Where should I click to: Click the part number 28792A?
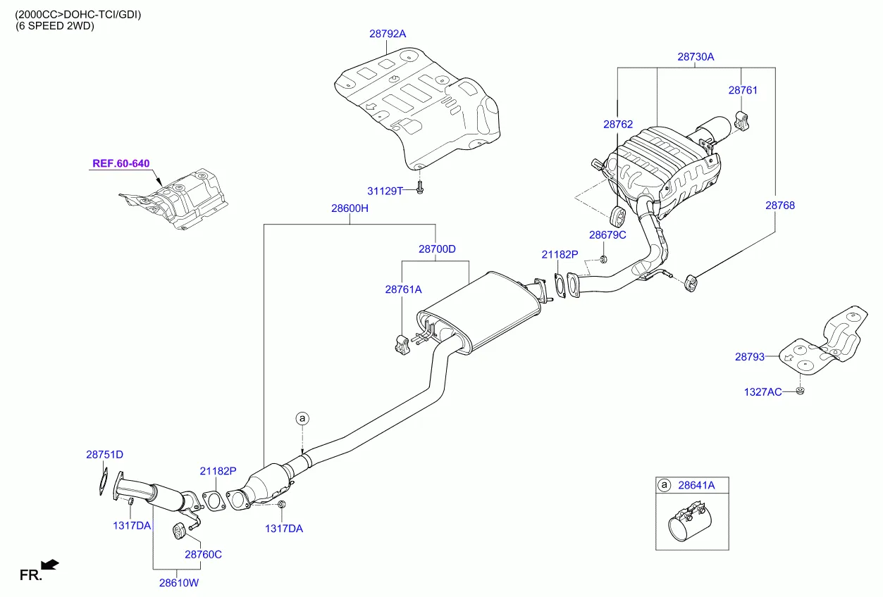[388, 33]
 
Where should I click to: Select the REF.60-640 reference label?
[121, 164]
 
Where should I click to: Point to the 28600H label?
[350, 208]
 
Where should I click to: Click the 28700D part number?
[437, 249]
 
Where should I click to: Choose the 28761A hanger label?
[403, 289]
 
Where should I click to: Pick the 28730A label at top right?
[696, 57]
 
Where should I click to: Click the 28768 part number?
[780, 206]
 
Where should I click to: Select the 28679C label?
[607, 234]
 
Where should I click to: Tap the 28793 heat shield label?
[750, 357]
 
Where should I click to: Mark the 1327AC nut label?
[763, 391]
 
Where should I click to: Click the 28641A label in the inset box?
[696, 485]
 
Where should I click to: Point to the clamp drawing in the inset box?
[690, 522]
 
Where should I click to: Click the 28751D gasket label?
[105, 455]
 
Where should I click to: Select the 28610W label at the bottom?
[178, 583]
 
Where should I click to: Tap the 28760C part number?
[203, 554]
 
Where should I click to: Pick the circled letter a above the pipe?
[302, 419]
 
